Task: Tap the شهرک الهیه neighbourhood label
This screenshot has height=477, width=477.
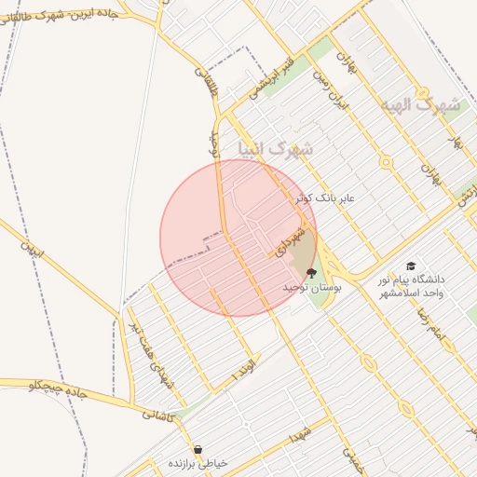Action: [420, 104]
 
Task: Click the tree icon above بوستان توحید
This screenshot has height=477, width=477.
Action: [310, 274]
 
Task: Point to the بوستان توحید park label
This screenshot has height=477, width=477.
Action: [313, 290]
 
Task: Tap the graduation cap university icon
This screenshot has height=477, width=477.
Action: [411, 266]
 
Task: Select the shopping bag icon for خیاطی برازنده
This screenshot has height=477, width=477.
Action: [198, 449]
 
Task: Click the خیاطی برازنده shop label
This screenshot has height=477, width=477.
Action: [198, 463]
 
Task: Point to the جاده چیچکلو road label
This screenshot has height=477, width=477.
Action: [58, 389]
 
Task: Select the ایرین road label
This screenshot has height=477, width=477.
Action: [33, 250]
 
